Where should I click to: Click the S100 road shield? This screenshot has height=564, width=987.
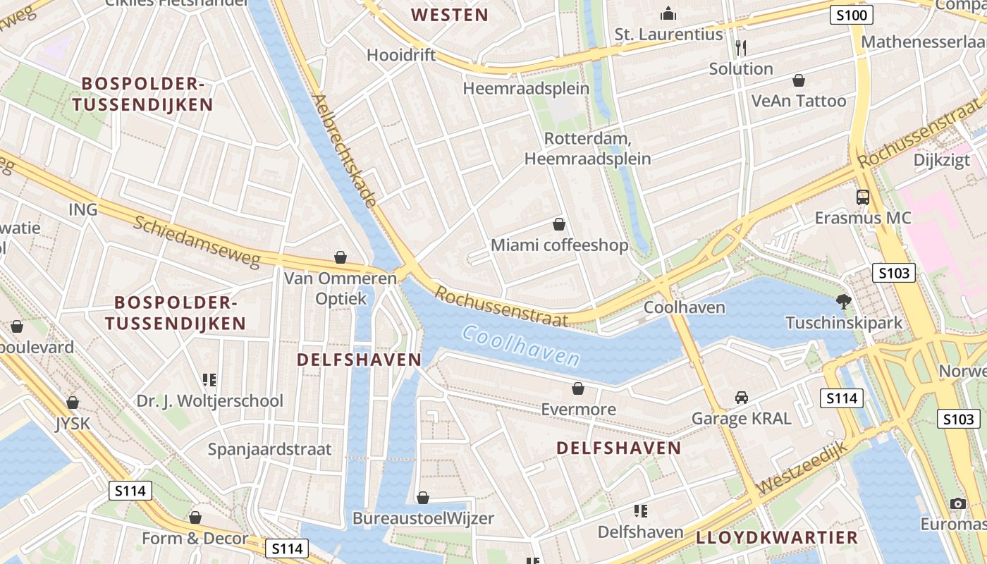[x=851, y=15]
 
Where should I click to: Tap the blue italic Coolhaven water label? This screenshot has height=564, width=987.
[x=521, y=345]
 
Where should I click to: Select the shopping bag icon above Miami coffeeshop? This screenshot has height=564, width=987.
[x=559, y=224]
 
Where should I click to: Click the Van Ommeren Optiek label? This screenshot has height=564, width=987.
[x=341, y=288]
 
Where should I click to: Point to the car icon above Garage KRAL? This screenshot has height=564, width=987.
[x=741, y=398]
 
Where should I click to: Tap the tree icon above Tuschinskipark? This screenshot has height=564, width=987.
[x=843, y=302]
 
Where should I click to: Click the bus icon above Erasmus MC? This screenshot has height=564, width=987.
[x=863, y=197]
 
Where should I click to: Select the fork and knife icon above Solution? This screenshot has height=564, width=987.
[x=740, y=48]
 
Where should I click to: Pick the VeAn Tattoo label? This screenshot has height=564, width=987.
[x=799, y=101]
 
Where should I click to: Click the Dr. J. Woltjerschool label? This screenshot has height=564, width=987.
[x=209, y=401]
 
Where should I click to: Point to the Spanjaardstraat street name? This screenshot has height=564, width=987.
[x=269, y=449]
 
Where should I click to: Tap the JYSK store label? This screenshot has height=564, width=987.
[x=73, y=424]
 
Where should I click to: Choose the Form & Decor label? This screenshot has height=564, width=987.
[x=195, y=539]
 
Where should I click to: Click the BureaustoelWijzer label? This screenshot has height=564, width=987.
[x=423, y=518]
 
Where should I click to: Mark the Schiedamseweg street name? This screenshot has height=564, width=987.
[x=197, y=241]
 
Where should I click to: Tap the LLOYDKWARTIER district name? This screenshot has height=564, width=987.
[x=777, y=537]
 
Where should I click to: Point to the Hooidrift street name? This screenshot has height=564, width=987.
[x=401, y=55]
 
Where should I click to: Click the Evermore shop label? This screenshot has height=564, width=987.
[x=578, y=410]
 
